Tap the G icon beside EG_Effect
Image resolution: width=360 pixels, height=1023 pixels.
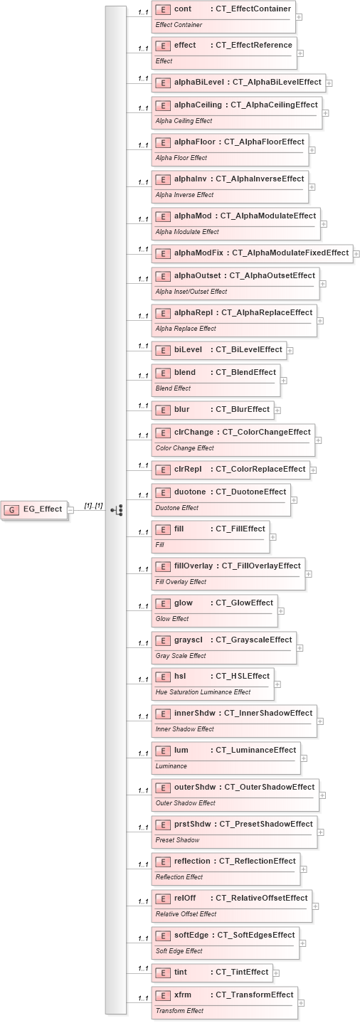tap(12, 509)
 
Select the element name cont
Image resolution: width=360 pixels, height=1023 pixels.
tap(183, 9)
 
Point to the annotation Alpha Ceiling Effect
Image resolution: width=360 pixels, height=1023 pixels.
tap(184, 121)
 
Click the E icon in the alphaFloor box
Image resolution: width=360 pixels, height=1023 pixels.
tap(163, 142)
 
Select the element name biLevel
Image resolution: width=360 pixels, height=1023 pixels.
tap(188, 349)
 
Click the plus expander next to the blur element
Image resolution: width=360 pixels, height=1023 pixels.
tap(278, 410)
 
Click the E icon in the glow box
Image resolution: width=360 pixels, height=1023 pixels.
tap(163, 603)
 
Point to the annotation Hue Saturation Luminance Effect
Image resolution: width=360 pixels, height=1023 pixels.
tap(203, 691)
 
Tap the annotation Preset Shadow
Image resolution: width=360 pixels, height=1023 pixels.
tap(177, 840)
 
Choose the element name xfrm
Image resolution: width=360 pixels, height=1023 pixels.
tap(183, 995)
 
